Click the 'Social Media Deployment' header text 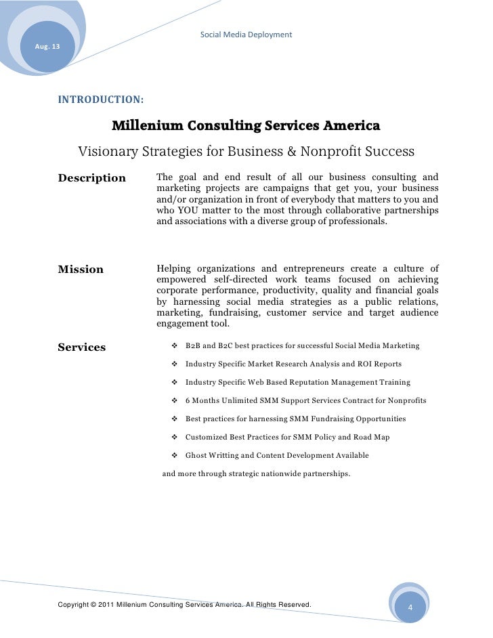point(246,34)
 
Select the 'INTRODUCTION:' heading point(100,100)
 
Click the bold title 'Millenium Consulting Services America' point(245,126)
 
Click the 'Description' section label point(92,178)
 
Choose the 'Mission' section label point(81,270)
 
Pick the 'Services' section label point(82,347)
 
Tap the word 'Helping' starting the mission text point(175,269)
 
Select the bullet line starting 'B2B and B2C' point(302,346)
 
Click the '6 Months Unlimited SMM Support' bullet point(305,401)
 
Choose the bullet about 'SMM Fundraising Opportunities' point(295,419)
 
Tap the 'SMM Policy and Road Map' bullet point(287,438)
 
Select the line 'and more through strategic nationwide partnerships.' point(256,474)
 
